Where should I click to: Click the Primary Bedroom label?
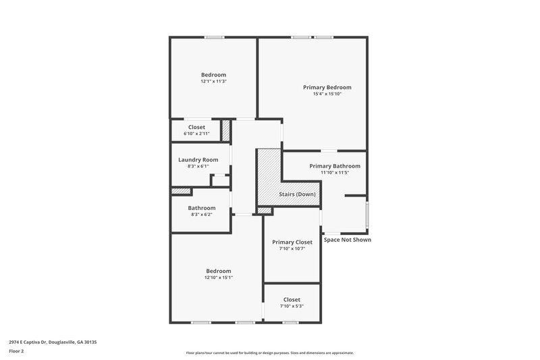click(327, 87)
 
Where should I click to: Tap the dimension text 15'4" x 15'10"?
click(327, 95)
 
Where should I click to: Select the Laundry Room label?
click(198, 159)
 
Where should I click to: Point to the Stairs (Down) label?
click(297, 195)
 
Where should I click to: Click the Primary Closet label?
click(292, 242)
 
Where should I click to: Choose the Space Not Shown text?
click(347, 240)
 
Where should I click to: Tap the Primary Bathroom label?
click(334, 165)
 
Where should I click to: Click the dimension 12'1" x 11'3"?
click(213, 81)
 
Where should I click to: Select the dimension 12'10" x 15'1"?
click(219, 278)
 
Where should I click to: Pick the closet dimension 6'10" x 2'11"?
click(196, 134)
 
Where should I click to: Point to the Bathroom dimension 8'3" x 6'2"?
click(202, 215)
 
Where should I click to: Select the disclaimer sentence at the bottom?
click(269, 353)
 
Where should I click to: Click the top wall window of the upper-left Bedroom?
click(215, 37)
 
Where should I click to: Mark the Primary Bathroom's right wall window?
click(367, 215)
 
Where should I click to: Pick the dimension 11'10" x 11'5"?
click(334, 173)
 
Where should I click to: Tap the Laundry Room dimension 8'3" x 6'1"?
click(198, 166)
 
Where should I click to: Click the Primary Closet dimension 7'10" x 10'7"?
click(292, 249)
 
